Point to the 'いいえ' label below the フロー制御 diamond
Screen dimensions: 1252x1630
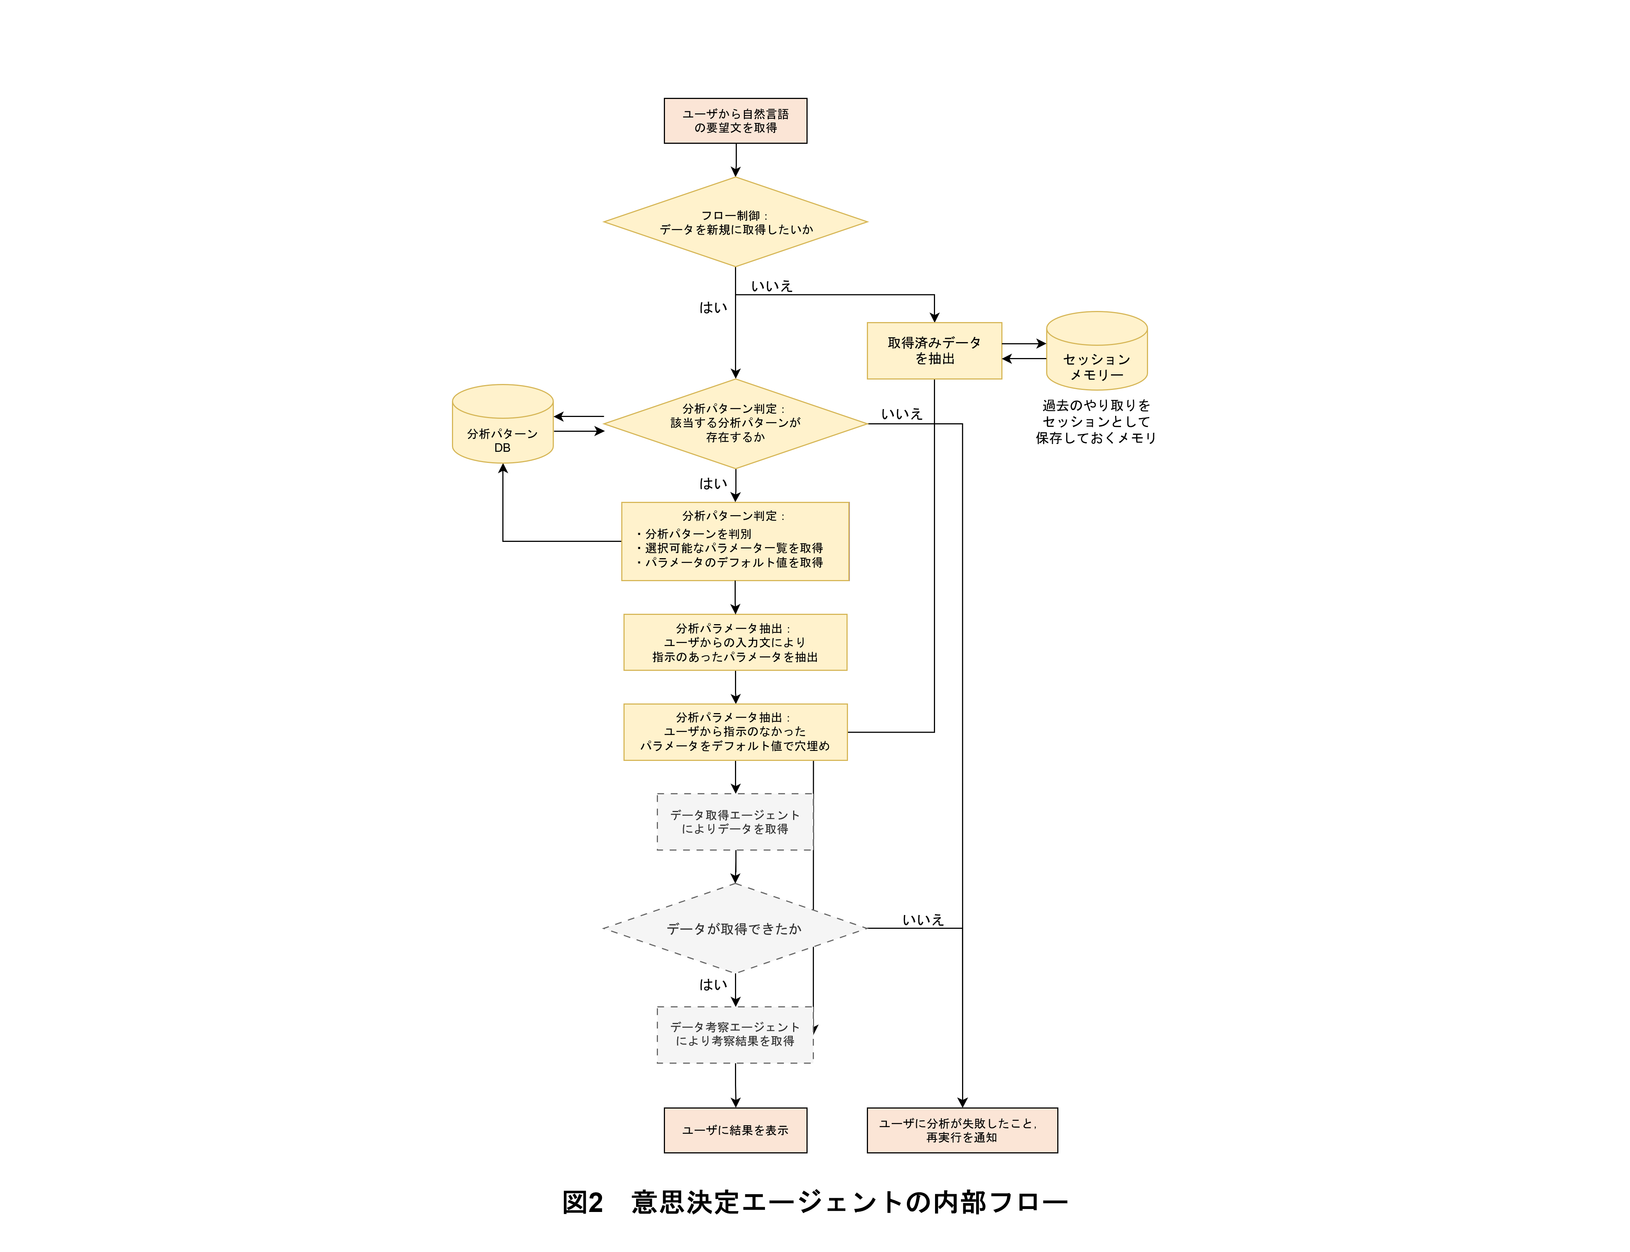tap(771, 286)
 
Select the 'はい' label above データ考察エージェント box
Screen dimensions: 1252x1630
tap(712, 984)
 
